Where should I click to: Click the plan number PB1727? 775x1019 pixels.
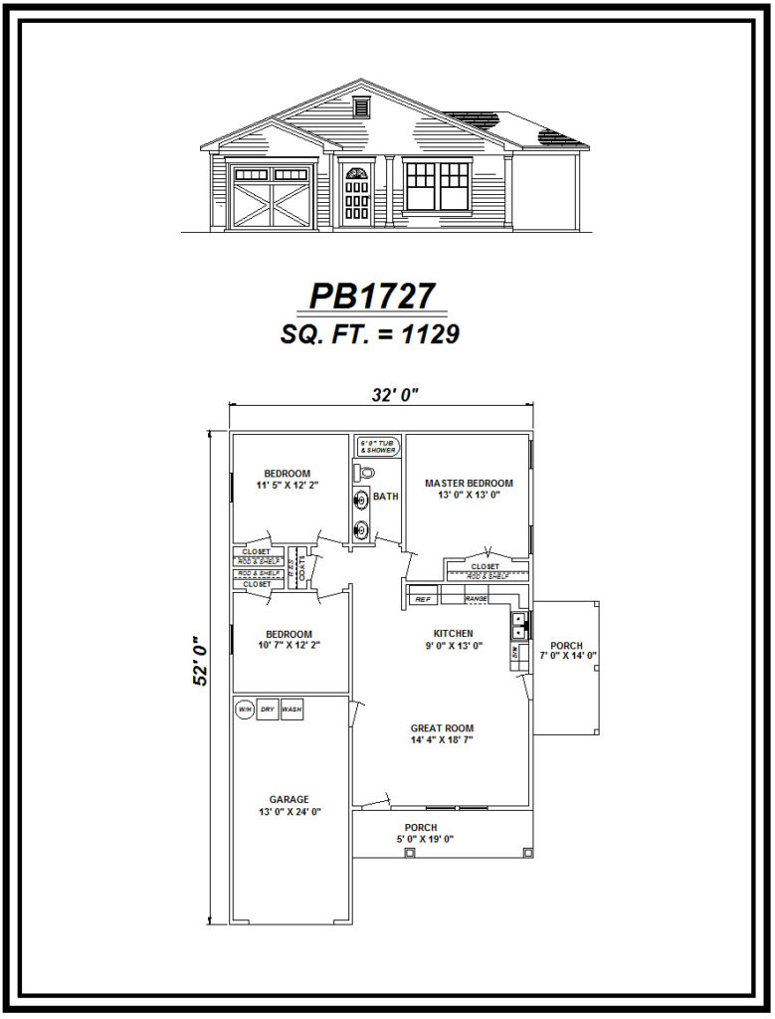click(x=372, y=297)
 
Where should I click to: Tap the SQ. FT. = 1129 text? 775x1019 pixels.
click(x=370, y=335)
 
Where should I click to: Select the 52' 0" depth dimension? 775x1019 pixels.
click(x=202, y=660)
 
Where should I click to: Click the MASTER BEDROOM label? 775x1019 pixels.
click(x=469, y=484)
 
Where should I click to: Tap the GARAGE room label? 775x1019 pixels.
click(x=289, y=799)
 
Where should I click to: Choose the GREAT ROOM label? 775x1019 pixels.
click(x=442, y=727)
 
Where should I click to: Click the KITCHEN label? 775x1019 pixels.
click(x=453, y=633)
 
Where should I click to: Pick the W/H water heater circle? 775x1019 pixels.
click(x=245, y=710)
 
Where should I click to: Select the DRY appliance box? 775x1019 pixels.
click(x=268, y=710)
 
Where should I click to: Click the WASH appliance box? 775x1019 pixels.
click(x=291, y=710)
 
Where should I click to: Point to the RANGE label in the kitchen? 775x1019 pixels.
click(x=476, y=599)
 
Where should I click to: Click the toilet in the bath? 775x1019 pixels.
click(x=365, y=473)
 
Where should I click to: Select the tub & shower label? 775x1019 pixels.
click(x=378, y=448)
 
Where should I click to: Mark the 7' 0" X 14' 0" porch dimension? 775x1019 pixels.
click(x=567, y=655)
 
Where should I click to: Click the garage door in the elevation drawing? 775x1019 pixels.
click(x=272, y=198)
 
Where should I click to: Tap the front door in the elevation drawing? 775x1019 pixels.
click(x=357, y=195)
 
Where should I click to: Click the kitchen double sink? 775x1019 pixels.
click(x=519, y=625)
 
